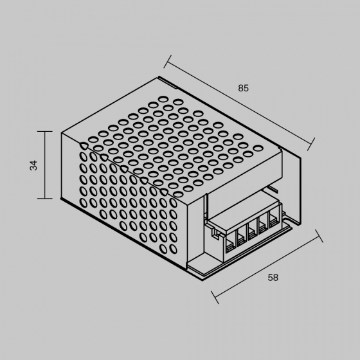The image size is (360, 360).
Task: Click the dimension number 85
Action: coord(243,88)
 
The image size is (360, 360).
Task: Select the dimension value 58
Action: coord(273,278)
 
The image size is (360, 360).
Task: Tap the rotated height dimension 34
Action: coord(33,165)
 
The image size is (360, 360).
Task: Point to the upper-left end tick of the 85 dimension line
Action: coord(167,62)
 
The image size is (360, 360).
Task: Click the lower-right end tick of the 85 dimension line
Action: coord(311,144)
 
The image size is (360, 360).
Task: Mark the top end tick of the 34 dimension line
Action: coord(45,132)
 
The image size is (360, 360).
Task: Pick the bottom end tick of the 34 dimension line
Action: coord(45,198)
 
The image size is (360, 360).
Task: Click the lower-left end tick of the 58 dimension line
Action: coord(215,298)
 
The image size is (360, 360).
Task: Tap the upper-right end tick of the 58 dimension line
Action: coord(319,236)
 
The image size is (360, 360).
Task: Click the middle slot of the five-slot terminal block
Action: coord(252,232)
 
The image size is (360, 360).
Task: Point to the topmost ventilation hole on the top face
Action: coord(163,99)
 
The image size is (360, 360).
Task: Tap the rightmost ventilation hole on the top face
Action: coord(258,148)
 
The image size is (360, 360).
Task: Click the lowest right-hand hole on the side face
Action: coord(174,249)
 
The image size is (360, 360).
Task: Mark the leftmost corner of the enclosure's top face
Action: coord(62,132)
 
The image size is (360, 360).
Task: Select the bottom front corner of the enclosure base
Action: coord(203,280)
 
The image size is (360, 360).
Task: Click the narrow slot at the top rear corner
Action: coord(167,82)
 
